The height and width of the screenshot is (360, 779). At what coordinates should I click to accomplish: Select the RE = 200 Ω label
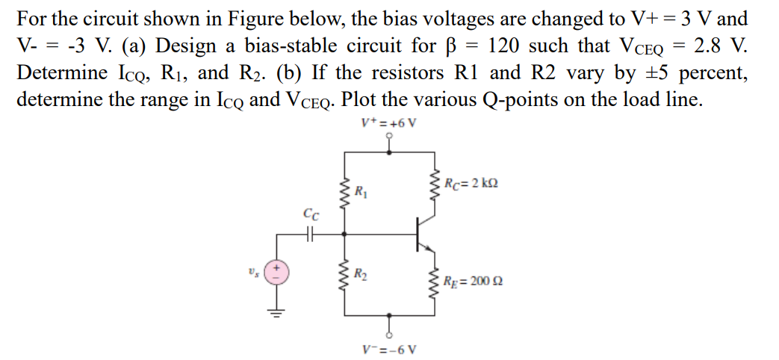[469, 282]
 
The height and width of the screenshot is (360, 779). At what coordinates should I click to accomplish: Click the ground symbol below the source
[277, 313]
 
